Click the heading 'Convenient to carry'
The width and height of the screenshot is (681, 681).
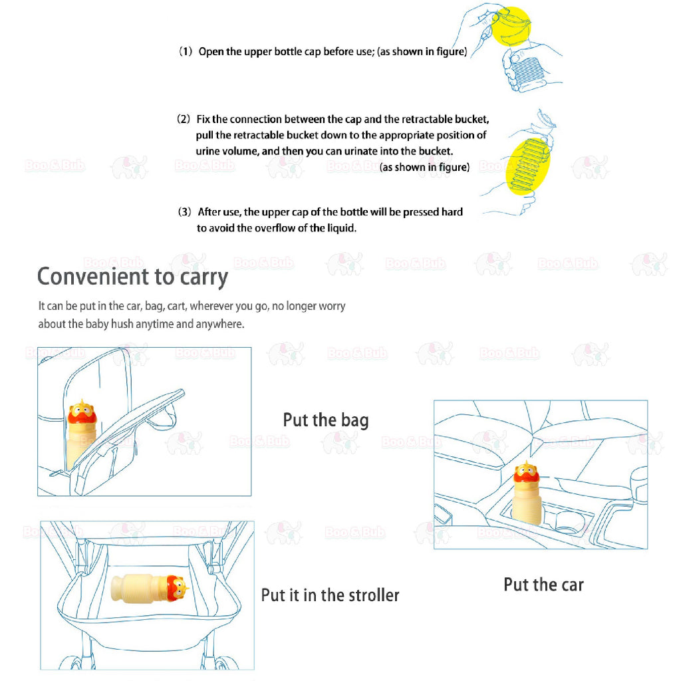point(132,277)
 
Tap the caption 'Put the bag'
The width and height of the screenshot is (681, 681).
point(325,420)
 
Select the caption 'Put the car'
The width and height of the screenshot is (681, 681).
point(543,585)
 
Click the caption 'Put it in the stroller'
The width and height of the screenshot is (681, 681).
point(330,595)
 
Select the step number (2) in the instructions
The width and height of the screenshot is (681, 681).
point(184,120)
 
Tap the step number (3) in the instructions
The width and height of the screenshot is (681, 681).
point(186,212)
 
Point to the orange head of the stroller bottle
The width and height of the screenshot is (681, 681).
point(176,587)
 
